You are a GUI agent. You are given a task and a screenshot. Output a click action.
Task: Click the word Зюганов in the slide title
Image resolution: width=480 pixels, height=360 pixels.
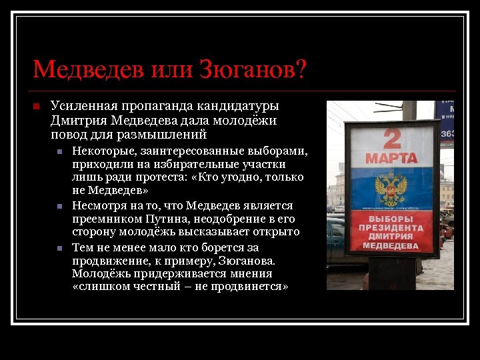click(x=253, y=69)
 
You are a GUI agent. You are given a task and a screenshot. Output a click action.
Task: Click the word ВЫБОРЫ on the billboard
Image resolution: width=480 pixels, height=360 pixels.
click(x=391, y=219)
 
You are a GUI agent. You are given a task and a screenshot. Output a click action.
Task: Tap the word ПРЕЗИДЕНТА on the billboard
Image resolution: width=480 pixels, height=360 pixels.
click(x=391, y=228)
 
